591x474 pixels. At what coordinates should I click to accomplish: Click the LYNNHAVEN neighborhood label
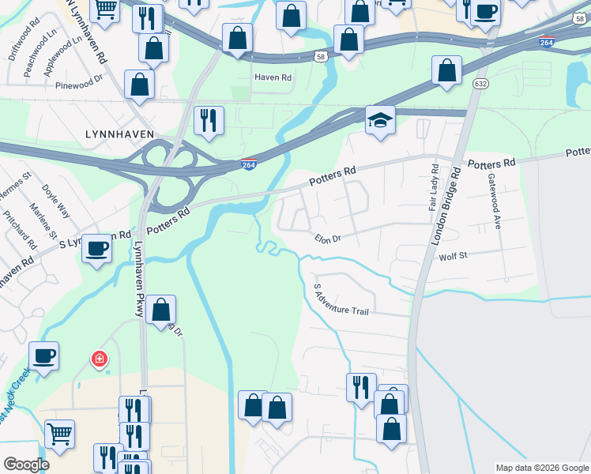pyautogui.click(x=119, y=135)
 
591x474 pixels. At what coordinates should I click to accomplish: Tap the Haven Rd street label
pyautogui.click(x=273, y=77)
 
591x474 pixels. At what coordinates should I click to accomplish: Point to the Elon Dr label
pyautogui.click(x=327, y=238)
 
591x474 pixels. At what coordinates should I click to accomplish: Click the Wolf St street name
pyautogui.click(x=454, y=257)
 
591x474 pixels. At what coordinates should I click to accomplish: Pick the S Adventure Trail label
pyautogui.click(x=341, y=299)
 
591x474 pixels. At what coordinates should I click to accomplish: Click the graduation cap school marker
pyautogui.click(x=380, y=121)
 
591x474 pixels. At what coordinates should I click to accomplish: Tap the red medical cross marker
pyautogui.click(x=100, y=359)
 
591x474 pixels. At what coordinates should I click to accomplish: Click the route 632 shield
pyautogui.click(x=480, y=83)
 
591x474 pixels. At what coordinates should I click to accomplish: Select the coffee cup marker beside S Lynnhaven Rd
pyautogui.click(x=97, y=248)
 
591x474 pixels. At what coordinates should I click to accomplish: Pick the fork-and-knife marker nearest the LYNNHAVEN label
pyautogui.click(x=209, y=120)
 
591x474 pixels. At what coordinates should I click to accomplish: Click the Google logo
pyautogui.click(x=25, y=465)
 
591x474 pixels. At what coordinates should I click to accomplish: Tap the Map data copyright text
pyautogui.click(x=541, y=468)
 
